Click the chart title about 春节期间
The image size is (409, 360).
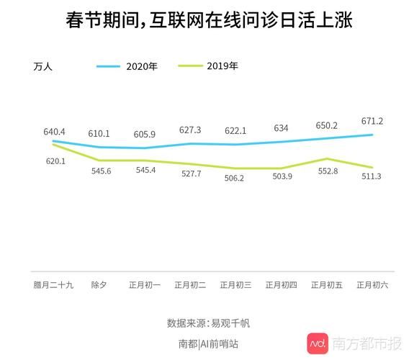204,22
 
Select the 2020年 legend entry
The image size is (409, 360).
141,66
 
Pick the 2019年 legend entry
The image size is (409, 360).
222,66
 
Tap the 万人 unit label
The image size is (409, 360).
44,67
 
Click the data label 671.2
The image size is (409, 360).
372,121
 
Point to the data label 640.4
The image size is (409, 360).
54,132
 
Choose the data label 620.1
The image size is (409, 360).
55,161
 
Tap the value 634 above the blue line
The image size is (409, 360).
281,128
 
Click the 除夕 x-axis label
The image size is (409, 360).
99,285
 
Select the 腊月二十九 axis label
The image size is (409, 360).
53,285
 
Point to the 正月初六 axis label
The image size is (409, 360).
372,285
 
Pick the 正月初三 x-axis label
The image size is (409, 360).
235,285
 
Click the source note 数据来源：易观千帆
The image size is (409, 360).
204,323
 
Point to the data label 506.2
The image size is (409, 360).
235,178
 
